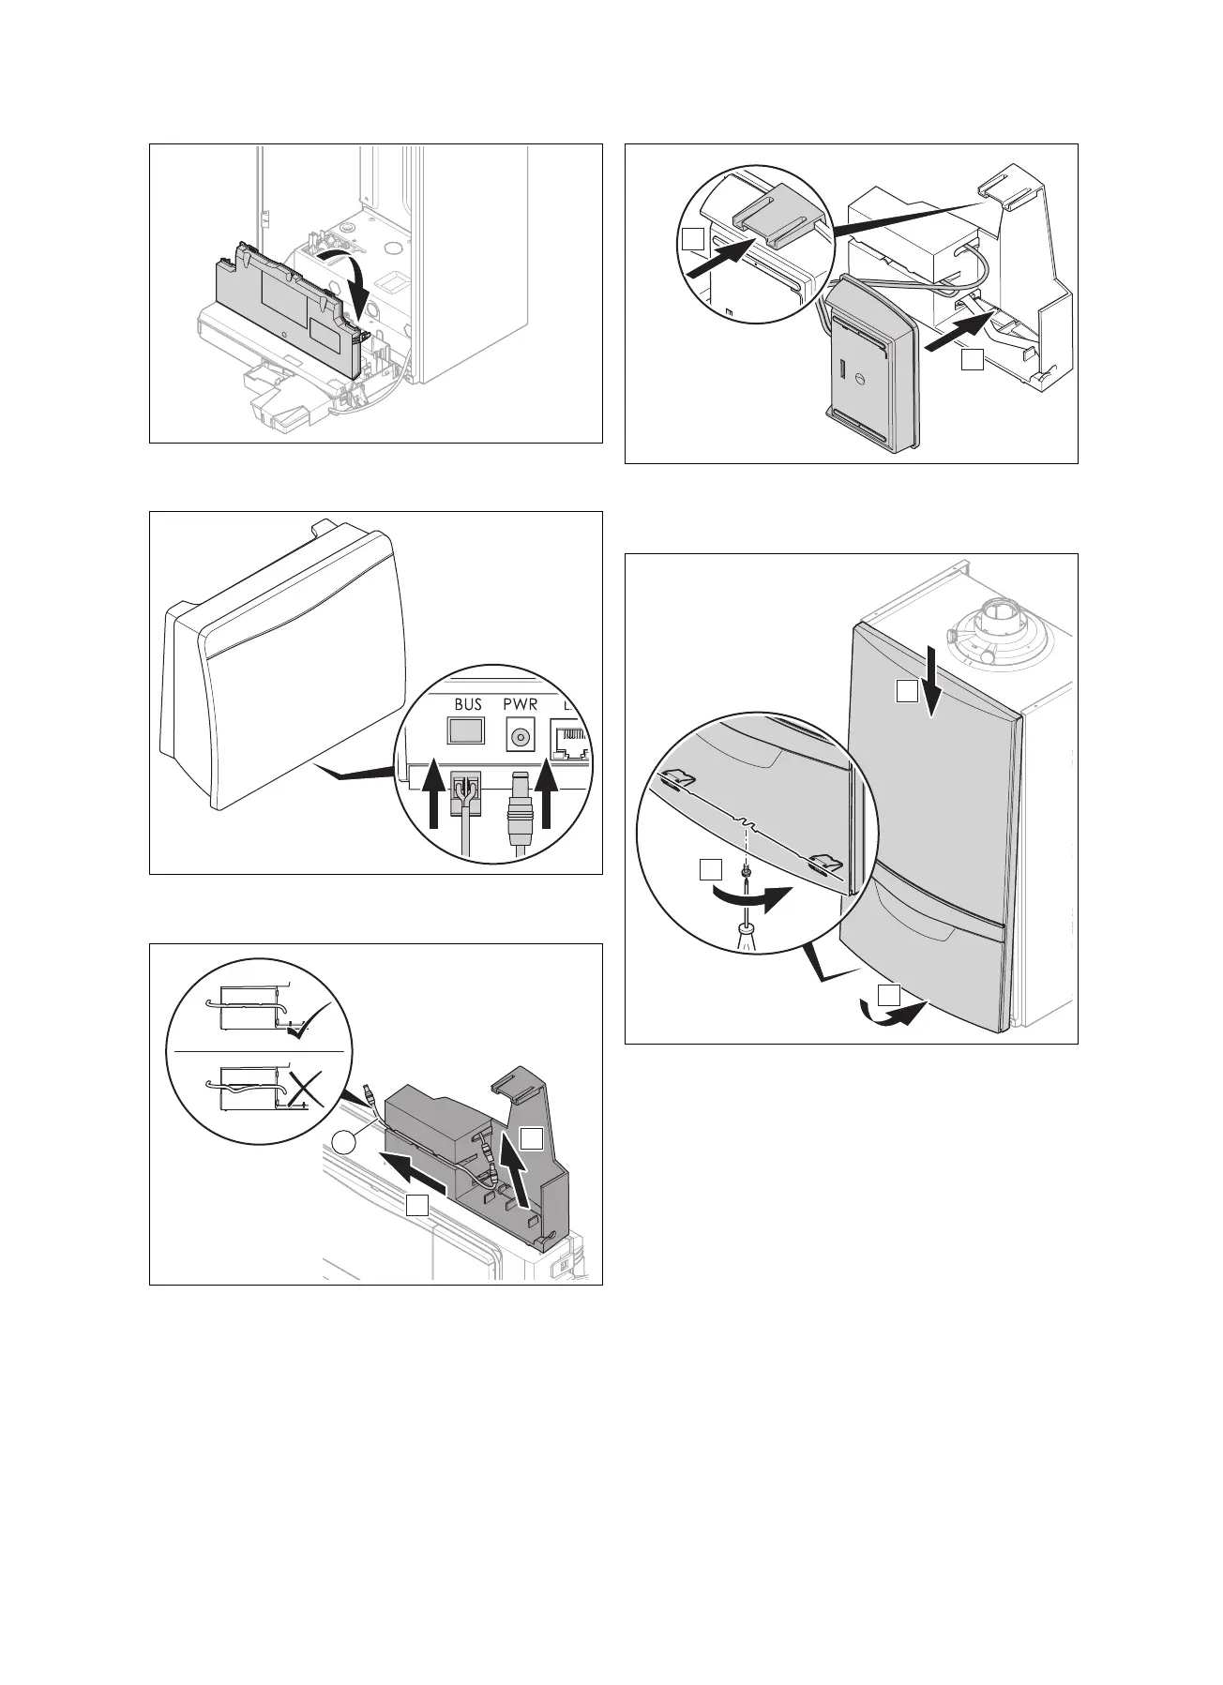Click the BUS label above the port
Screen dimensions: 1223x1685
tap(467, 704)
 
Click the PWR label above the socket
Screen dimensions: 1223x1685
tap(519, 704)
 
